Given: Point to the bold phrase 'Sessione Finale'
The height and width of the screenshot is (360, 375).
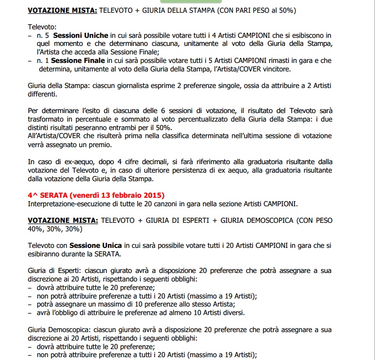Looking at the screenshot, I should tap(75, 61).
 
